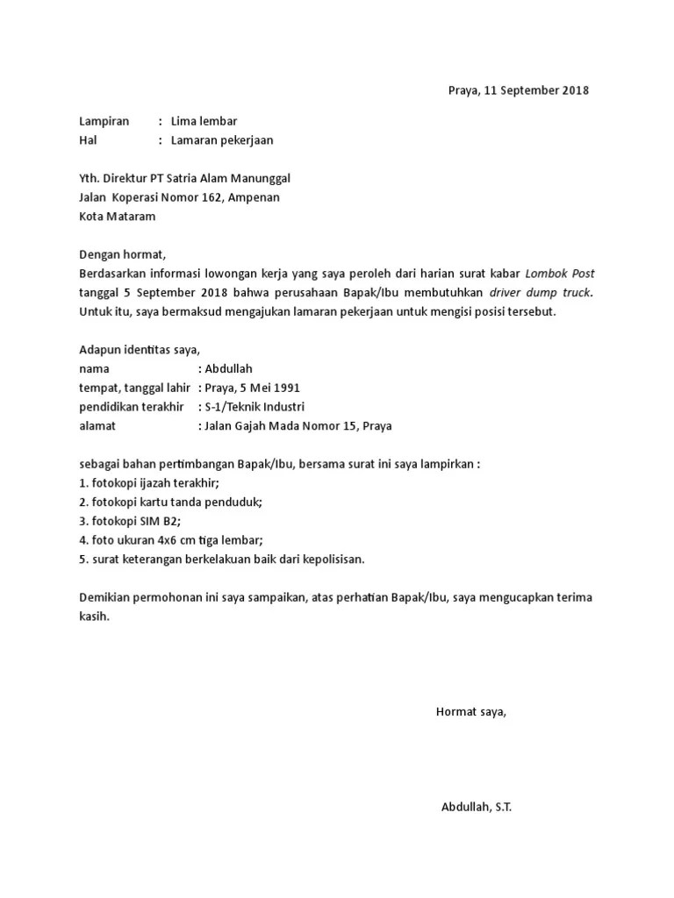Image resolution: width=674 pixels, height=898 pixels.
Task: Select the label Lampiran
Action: click(104, 121)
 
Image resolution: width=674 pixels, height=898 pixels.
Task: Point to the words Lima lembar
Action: click(204, 121)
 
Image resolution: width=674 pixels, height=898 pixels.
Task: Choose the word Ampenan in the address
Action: click(255, 197)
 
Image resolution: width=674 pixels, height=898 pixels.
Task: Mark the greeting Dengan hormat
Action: click(121, 254)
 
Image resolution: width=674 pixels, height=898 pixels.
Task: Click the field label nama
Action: click(94, 369)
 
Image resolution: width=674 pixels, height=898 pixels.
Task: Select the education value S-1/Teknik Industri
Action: click(255, 407)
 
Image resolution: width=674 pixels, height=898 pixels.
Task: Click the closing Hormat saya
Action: click(471, 711)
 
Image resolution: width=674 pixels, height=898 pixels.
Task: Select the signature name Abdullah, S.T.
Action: click(477, 807)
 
